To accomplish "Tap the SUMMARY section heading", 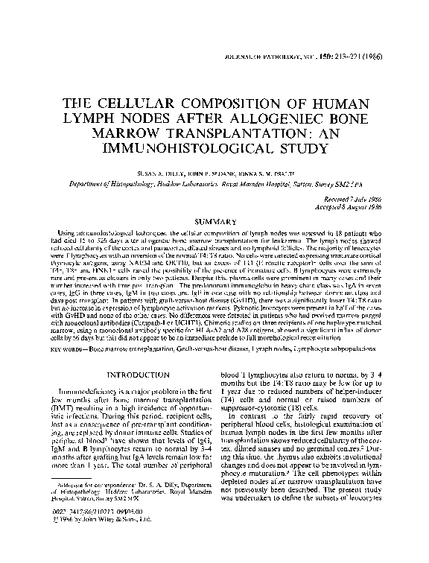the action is coord(214,221).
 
